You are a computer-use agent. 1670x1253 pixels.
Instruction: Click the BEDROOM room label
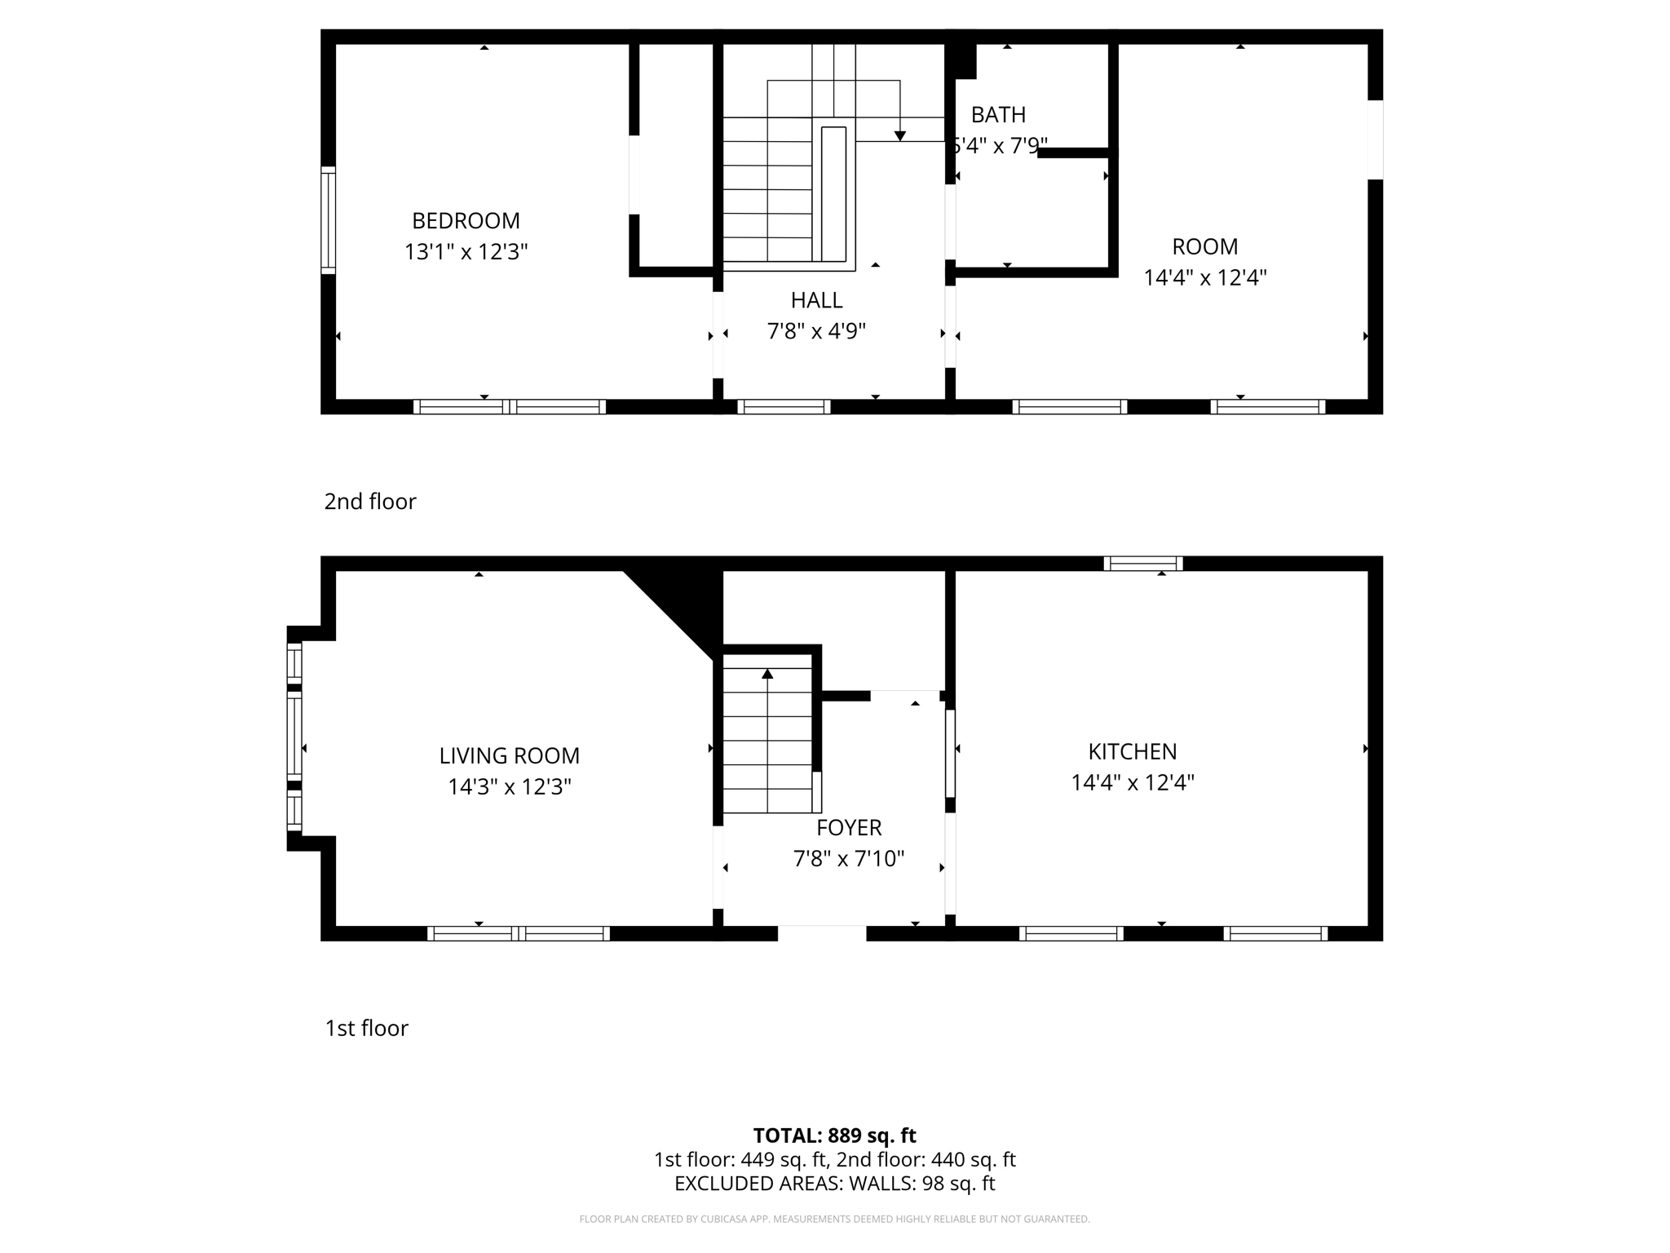click(466, 220)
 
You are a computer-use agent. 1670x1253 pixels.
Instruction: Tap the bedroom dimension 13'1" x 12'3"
click(466, 251)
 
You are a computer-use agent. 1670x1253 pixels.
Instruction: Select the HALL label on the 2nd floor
click(816, 300)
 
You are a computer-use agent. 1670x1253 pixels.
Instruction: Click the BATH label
click(998, 115)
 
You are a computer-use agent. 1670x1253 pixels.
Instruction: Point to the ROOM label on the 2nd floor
click(1204, 246)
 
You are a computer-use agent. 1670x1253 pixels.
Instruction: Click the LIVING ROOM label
click(509, 755)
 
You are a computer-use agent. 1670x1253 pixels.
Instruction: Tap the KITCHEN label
click(1132, 751)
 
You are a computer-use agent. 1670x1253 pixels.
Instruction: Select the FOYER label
click(849, 827)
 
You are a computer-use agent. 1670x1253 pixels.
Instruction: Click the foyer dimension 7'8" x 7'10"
click(849, 858)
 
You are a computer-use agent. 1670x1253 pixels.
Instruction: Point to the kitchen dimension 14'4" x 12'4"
click(1132, 782)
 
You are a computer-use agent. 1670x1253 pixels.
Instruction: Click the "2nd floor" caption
click(370, 501)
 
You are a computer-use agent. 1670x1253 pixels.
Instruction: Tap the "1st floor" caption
click(366, 1028)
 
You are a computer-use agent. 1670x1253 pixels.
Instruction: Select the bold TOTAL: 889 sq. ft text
click(834, 1136)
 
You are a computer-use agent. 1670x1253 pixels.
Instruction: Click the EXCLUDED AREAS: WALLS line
click(834, 1183)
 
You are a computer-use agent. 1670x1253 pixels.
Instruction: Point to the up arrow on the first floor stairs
click(767, 674)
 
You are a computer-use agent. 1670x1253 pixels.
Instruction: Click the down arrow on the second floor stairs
click(900, 135)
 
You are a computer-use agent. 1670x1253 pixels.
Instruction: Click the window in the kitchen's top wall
click(1143, 563)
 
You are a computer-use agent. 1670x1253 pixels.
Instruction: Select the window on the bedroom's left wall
click(328, 220)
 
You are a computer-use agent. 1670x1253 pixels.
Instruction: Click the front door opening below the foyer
click(822, 933)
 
